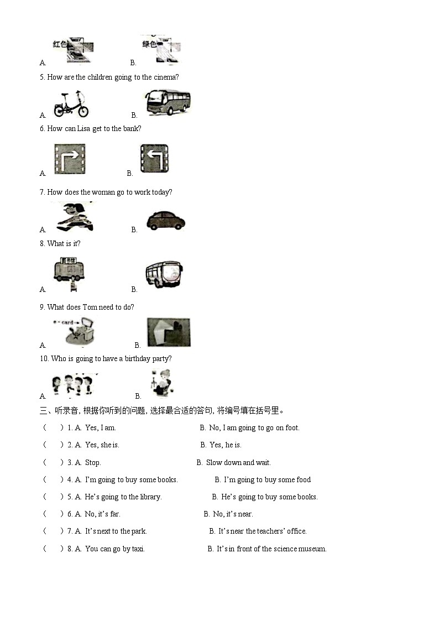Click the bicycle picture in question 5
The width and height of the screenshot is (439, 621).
coord(71,105)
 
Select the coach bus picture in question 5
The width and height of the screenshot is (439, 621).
coord(168,103)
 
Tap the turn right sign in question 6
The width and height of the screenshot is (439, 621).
coord(70,159)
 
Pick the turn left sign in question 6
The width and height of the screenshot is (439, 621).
coord(154,159)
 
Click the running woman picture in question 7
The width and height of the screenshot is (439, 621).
coord(72,217)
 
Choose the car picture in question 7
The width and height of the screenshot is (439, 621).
coord(165,220)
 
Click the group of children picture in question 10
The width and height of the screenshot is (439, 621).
coord(72,384)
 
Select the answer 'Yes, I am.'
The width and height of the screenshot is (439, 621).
coord(100,427)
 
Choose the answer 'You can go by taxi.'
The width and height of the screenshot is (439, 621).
coord(114,549)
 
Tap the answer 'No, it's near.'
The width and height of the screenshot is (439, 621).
coord(233,514)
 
